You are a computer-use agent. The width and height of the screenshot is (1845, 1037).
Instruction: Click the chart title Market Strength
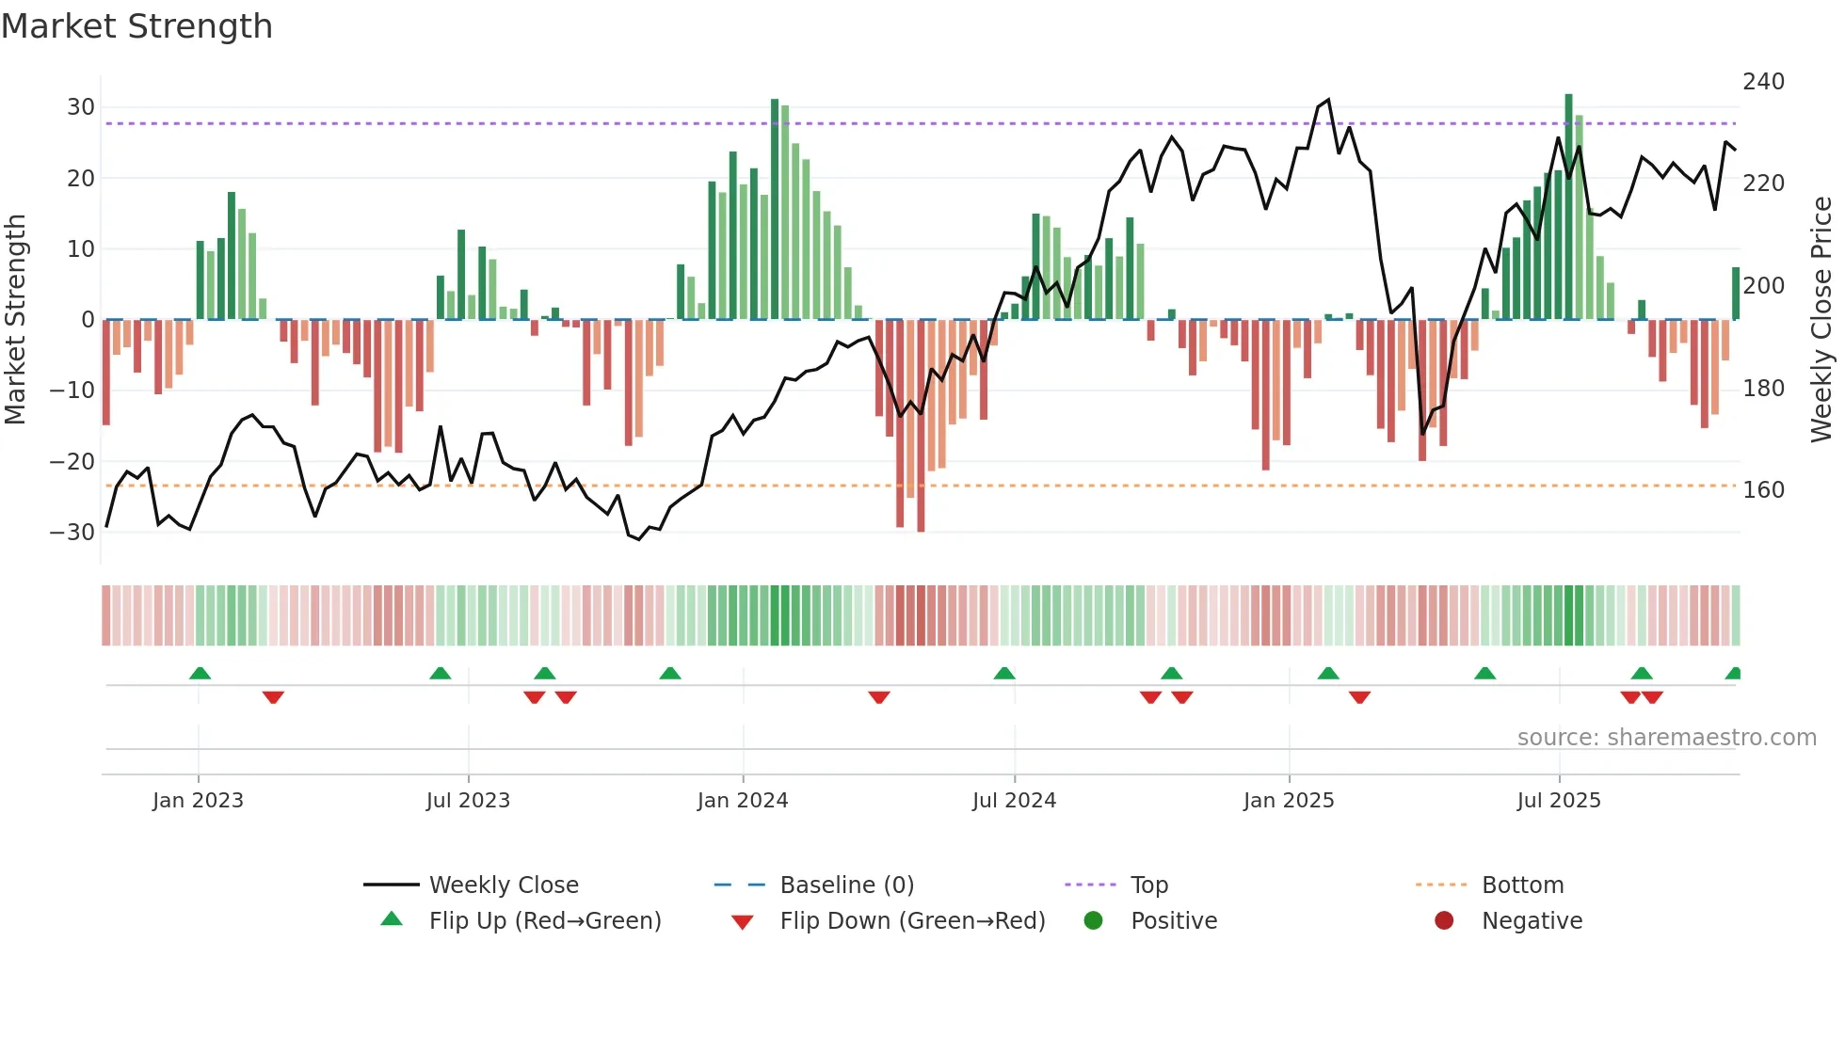[x=136, y=26]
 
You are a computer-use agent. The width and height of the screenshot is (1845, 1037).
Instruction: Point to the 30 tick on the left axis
[x=81, y=107]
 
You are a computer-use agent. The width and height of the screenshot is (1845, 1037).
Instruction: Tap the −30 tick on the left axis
[x=72, y=533]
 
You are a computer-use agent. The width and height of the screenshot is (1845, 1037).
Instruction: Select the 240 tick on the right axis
[x=1763, y=82]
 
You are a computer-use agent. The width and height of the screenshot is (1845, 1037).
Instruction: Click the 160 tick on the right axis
[x=1763, y=490]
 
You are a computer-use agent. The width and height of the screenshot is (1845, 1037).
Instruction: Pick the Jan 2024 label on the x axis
[x=742, y=801]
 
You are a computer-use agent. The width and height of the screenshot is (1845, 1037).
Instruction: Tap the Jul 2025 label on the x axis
[x=1558, y=801]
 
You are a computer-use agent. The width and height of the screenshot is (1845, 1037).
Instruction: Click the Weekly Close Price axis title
[x=1821, y=320]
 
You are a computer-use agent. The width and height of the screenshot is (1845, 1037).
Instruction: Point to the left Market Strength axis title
[x=16, y=320]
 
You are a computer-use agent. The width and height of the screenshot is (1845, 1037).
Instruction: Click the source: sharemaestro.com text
[x=1666, y=738]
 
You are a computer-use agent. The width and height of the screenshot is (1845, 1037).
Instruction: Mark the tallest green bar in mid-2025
[x=1568, y=207]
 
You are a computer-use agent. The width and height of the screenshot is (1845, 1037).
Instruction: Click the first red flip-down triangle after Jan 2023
[x=273, y=697]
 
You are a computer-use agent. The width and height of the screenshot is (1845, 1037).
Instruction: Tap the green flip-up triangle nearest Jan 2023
[x=200, y=673]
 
